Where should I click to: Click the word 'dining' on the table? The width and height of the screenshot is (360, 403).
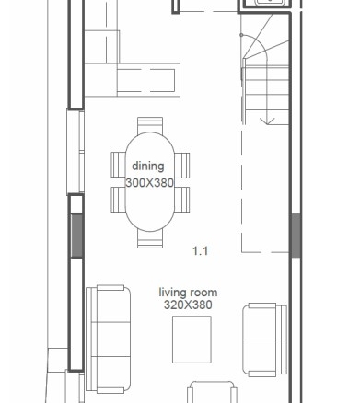click(148, 167)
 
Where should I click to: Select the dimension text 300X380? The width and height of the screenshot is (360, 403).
click(150, 183)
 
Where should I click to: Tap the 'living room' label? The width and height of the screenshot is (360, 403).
click(188, 293)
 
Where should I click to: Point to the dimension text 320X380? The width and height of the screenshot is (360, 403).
click(188, 305)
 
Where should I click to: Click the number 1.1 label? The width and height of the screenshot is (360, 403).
click(200, 251)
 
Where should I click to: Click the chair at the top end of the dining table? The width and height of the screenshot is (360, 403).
click(150, 125)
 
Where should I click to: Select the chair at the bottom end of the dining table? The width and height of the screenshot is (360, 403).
click(150, 239)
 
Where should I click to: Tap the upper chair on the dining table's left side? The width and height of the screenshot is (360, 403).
click(119, 165)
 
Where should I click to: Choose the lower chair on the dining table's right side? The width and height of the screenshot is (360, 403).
click(182, 200)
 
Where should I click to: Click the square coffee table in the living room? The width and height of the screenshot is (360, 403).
click(192, 340)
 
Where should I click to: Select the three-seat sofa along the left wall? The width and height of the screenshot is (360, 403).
click(109, 340)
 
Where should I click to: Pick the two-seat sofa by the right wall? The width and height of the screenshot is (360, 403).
click(265, 340)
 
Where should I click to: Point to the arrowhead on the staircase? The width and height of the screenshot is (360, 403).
click(268, 121)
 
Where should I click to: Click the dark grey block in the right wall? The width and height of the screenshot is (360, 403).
click(296, 236)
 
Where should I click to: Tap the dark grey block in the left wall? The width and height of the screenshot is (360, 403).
click(76, 236)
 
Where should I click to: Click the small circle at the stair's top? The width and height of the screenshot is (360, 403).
click(241, 35)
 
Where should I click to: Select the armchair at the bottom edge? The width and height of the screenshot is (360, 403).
click(212, 392)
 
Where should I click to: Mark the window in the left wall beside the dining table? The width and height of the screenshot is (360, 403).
click(75, 152)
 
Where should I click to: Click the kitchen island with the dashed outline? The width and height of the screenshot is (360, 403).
click(148, 80)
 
